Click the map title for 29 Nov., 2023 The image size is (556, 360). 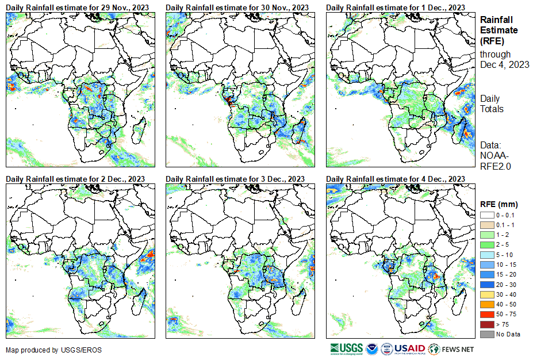(x=77, y=7)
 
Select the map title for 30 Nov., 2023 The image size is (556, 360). (x=237, y=7)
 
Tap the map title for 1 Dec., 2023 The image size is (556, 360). (x=396, y=7)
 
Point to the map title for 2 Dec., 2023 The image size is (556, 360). (x=75, y=179)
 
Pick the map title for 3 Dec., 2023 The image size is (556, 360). (x=235, y=179)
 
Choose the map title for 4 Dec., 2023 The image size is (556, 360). (x=396, y=179)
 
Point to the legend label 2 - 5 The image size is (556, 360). (x=503, y=244)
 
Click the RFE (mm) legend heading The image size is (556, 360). (x=499, y=204)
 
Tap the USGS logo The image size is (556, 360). (x=347, y=348)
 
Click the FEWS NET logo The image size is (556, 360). (x=452, y=348)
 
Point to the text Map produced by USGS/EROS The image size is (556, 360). (x=40, y=350)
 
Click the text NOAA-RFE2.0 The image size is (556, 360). (x=496, y=160)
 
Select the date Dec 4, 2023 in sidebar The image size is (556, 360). (x=504, y=64)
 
